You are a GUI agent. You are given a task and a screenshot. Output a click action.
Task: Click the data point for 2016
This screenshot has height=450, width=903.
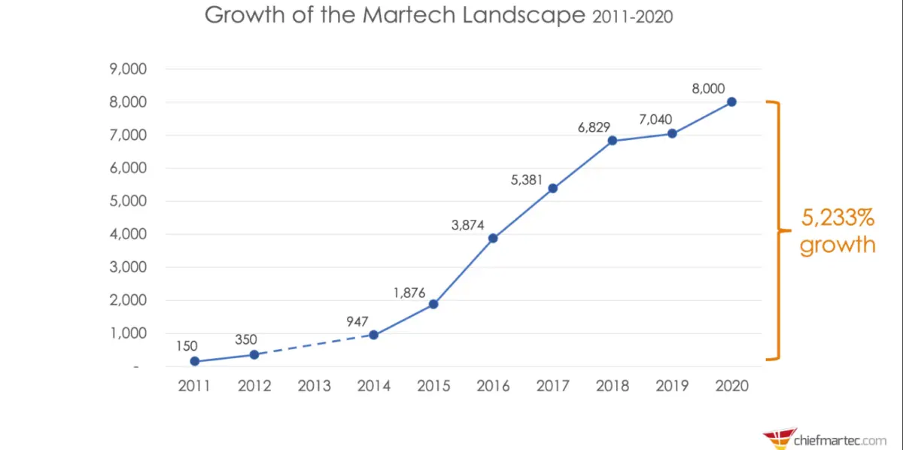(493, 238)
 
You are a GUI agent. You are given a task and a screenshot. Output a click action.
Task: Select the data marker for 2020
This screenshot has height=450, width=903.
(731, 102)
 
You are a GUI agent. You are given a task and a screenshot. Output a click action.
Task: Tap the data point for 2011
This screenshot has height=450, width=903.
(195, 361)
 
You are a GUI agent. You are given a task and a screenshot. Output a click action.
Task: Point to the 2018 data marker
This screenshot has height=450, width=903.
(613, 141)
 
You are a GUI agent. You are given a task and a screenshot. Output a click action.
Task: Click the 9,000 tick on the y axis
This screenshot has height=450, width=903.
(125, 69)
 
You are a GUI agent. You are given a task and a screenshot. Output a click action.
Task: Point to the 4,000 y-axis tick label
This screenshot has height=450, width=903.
(125, 234)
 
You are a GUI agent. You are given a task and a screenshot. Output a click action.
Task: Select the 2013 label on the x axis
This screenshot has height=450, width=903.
(314, 386)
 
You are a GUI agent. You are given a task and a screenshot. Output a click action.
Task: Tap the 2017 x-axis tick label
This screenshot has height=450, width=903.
(552, 386)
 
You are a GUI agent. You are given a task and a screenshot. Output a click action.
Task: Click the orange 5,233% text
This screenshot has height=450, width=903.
(837, 219)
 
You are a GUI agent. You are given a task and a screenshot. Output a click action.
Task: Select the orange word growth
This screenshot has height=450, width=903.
(837, 245)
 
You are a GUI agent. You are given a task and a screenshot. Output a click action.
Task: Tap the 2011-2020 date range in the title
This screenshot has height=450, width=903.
(631, 17)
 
